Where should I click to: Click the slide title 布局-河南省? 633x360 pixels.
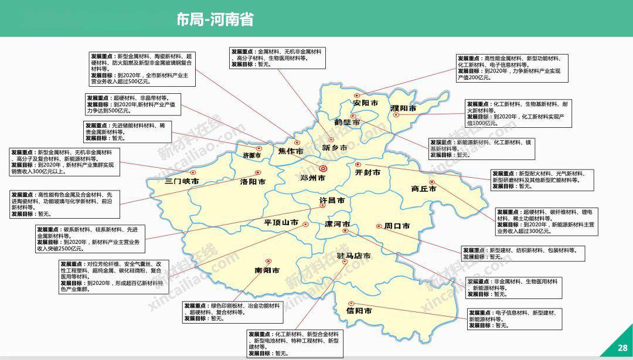215,20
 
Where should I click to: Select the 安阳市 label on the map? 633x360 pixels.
365,103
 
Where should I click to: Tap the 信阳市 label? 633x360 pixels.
359,311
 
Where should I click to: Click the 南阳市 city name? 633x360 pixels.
267,270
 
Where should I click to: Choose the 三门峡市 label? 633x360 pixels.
182,181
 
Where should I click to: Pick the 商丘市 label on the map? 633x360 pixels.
423,189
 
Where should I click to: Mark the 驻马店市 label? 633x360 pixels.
354,256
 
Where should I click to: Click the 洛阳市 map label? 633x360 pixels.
253,182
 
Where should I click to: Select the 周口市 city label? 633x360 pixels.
397,226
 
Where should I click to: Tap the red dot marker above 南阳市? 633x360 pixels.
269,261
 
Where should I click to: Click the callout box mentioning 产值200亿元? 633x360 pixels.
512,67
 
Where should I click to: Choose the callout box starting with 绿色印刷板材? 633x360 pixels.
231,312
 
